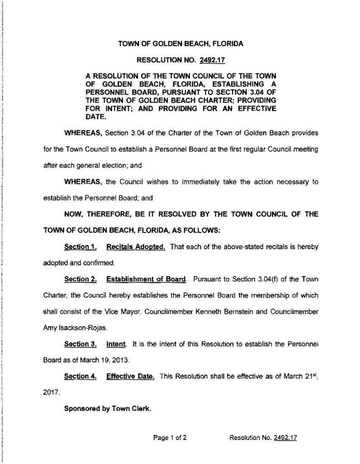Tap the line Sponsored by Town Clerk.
[107, 408]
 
